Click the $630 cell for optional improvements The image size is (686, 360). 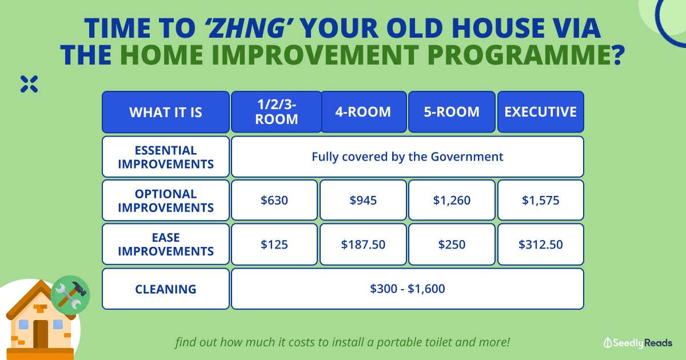(274, 200)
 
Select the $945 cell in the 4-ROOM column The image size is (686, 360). (363, 200)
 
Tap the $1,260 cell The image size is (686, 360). (452, 200)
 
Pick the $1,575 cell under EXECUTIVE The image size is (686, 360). (541, 200)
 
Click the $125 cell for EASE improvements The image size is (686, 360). (274, 245)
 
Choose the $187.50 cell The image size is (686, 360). (363, 245)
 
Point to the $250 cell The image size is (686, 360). (452, 245)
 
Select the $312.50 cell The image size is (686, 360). (541, 245)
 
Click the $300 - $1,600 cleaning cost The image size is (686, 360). (407, 289)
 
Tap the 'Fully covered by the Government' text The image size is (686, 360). (407, 157)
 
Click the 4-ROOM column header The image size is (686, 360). (363, 112)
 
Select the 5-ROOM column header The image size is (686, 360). (452, 112)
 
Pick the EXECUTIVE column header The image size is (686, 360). (541, 112)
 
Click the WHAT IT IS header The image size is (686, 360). (166, 112)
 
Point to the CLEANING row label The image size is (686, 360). (166, 289)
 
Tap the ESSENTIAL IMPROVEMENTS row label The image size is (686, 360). (166, 157)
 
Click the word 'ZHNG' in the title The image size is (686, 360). (249, 28)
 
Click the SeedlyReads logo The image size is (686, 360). (638, 343)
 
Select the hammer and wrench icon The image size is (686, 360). (70, 295)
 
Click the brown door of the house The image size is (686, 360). (41, 334)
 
